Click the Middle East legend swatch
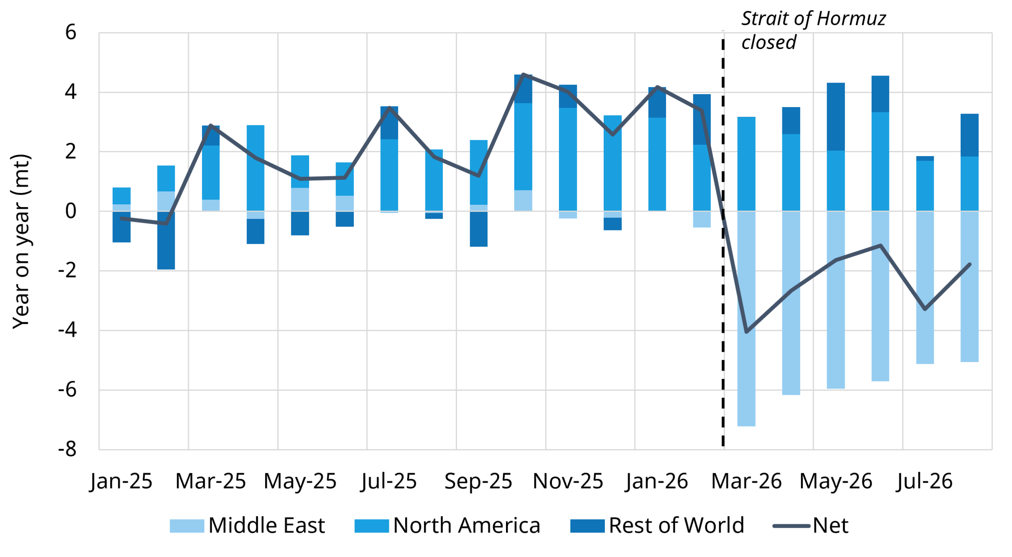click(x=187, y=526)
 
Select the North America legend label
click(x=466, y=525)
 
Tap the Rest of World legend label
click(x=676, y=525)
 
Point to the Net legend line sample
click(x=791, y=526)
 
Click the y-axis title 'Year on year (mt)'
click(x=21, y=241)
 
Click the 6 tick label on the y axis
click(x=71, y=32)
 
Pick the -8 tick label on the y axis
click(x=67, y=449)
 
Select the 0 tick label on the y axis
click(x=71, y=211)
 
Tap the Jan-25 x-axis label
click(x=121, y=481)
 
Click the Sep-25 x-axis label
click(x=478, y=481)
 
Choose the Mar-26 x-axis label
click(x=746, y=481)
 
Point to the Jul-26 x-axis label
click(x=924, y=481)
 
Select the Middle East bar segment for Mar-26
click(x=746, y=319)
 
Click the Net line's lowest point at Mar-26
click(x=746, y=332)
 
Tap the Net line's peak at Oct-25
click(x=523, y=74)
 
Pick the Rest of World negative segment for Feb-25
click(x=166, y=240)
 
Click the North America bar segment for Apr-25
click(x=255, y=168)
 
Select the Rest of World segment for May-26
click(x=836, y=117)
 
